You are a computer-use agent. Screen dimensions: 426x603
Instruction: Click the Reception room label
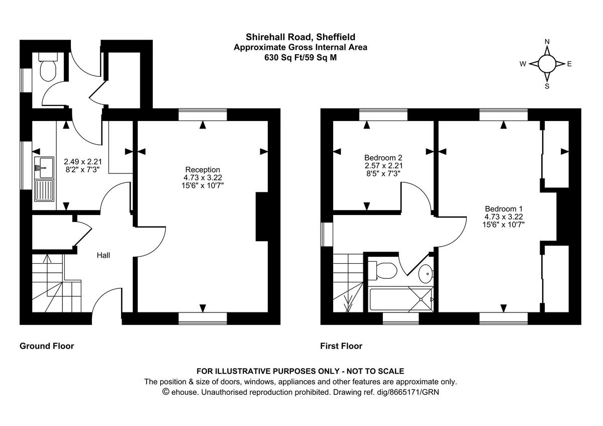pyautogui.click(x=203, y=170)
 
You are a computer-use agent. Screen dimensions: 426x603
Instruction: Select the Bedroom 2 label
pyautogui.click(x=383, y=157)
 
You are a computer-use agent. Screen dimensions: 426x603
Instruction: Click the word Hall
pyautogui.click(x=104, y=255)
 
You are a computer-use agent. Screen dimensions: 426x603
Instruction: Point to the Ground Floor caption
pyautogui.click(x=47, y=346)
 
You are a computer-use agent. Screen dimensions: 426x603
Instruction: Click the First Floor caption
pyautogui.click(x=341, y=346)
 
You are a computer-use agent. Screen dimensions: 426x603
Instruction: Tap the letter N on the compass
pyautogui.click(x=547, y=42)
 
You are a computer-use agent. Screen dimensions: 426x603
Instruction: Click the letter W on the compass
pyautogui.click(x=523, y=64)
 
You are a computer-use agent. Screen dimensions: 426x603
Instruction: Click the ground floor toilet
pyautogui.click(x=48, y=71)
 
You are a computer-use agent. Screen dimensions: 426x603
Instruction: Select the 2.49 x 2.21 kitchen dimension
pyautogui.click(x=83, y=162)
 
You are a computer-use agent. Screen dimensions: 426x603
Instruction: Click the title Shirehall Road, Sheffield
pyautogui.click(x=300, y=37)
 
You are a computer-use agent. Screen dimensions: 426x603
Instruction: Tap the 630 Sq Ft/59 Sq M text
pyautogui.click(x=300, y=57)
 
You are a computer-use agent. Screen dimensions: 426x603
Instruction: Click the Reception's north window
pyautogui.click(x=203, y=116)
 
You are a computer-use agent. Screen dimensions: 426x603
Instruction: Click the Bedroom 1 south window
pyautogui.click(x=504, y=317)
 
